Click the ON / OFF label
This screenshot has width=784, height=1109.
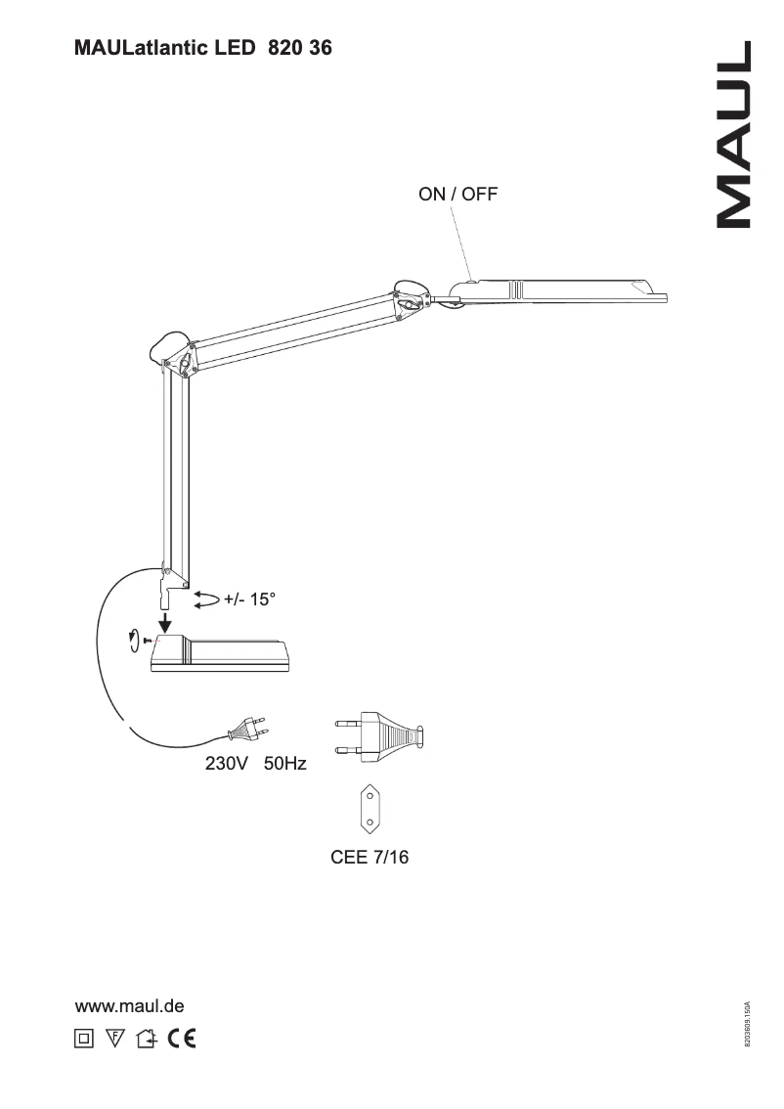tap(457, 194)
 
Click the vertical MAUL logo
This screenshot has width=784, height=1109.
tap(734, 135)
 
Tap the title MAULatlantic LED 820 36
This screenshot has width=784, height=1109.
tap(202, 48)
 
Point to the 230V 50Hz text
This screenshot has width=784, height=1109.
tap(255, 764)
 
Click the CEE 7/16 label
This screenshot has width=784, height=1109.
tap(370, 858)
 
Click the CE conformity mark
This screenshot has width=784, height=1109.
tap(181, 1039)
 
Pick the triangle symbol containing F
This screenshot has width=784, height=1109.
tap(114, 1039)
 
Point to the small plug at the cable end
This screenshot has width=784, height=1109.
tap(247, 729)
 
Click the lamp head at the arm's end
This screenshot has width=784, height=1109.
tap(557, 289)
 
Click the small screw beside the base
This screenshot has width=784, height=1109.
tap(146, 640)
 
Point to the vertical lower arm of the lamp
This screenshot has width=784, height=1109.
tap(176, 469)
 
